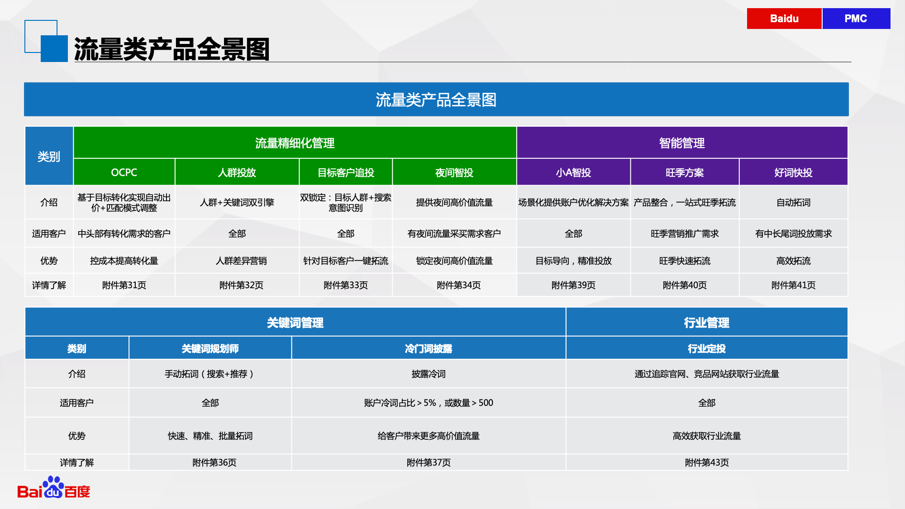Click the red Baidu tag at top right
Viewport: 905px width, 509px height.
[x=784, y=19]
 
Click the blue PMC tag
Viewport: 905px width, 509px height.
[x=856, y=19]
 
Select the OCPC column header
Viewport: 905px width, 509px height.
[x=124, y=172]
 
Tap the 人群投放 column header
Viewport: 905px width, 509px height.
[x=237, y=172]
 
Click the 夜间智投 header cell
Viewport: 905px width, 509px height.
[x=454, y=172]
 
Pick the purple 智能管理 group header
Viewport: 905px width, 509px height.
[x=682, y=143]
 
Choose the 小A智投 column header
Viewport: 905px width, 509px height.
[x=573, y=172]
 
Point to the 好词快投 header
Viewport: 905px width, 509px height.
[x=793, y=172]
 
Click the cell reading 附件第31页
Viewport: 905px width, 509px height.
[x=124, y=285]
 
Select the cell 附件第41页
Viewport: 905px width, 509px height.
[x=793, y=285]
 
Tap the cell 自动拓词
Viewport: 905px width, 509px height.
[x=793, y=202]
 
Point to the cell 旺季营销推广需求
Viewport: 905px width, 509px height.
[x=685, y=233]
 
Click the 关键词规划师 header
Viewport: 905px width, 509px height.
[x=210, y=348]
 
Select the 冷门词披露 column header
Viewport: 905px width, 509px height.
[x=429, y=348]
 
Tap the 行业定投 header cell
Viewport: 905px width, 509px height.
[x=707, y=348]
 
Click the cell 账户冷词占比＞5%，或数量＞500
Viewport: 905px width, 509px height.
[x=429, y=403]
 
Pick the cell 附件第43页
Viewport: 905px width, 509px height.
[x=707, y=462]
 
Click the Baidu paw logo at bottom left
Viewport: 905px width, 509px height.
[x=53, y=488]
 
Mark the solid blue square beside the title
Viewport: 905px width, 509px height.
[x=54, y=48]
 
